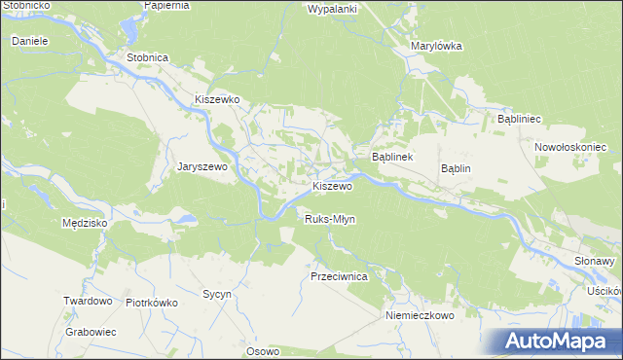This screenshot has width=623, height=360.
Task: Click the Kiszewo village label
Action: click(331, 186)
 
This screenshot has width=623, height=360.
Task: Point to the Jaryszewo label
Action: click(202, 166)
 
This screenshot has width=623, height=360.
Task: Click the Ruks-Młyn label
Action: click(330, 219)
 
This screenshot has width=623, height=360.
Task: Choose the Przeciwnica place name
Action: click(338, 276)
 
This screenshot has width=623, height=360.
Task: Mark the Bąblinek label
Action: click(393, 157)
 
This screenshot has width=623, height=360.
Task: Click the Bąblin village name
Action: click(456, 167)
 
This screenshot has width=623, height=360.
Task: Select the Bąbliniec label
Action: click(519, 118)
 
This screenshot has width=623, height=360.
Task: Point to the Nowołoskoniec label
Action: click(570, 147)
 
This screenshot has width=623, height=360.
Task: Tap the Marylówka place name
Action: click(436, 46)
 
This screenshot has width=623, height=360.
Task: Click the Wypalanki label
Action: click(333, 9)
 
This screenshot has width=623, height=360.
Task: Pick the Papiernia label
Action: click(166, 5)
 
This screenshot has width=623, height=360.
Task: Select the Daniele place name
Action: click(30, 42)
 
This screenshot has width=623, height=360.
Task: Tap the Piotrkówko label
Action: click(152, 302)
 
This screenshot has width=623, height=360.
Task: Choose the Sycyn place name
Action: click(215, 293)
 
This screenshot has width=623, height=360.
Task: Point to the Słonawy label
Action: click(597, 261)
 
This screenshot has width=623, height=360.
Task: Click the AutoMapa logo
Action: click(560, 342)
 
